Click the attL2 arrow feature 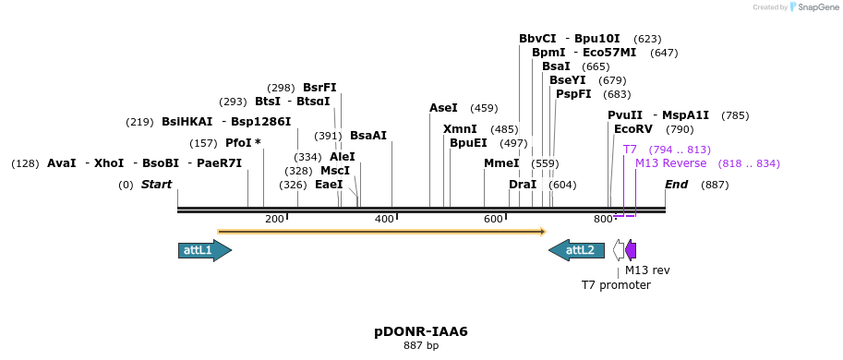coord(576,250)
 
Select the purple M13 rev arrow coord(631,250)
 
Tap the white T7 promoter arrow coord(618,250)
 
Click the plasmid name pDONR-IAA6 coord(421,331)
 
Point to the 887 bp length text coord(421,346)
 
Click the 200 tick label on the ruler coord(274,219)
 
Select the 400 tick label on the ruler coord(384,219)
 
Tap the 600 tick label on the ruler coord(493,219)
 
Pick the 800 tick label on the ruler coord(602,219)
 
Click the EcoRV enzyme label coord(633,129)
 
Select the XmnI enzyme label coord(460,129)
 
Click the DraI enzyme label coord(523,185)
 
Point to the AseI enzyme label coord(443,108)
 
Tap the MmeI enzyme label coord(501,163)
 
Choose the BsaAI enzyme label coord(368,136)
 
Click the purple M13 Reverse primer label coord(670,163)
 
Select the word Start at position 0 coord(156,185)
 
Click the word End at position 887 coord(677,185)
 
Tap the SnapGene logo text coord(813,7)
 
